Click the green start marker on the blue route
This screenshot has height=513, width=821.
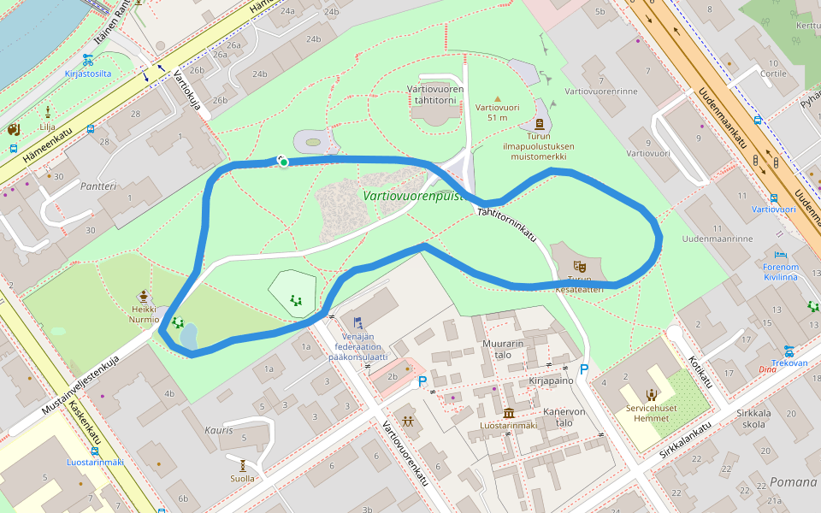[x=283, y=162]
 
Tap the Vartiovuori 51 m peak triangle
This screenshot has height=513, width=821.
[x=498, y=97]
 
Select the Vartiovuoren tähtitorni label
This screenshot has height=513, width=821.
[x=435, y=94]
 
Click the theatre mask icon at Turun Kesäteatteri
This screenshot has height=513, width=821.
[x=580, y=266]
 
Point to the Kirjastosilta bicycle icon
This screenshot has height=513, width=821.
[x=88, y=60]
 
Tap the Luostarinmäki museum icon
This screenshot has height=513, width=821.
[x=509, y=413]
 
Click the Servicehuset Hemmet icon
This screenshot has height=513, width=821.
[x=652, y=394]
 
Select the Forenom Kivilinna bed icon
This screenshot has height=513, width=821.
[x=780, y=254]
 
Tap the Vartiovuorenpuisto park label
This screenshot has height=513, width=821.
[x=412, y=195]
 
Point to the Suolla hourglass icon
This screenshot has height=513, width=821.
[x=243, y=465]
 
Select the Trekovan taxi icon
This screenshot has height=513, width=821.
[x=789, y=351]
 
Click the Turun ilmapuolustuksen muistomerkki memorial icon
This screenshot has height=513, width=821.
[x=538, y=124]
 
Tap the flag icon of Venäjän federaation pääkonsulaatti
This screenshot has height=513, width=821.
[x=357, y=322]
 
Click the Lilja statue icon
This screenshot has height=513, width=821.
[x=47, y=111]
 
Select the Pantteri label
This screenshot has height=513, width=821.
[x=98, y=186]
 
